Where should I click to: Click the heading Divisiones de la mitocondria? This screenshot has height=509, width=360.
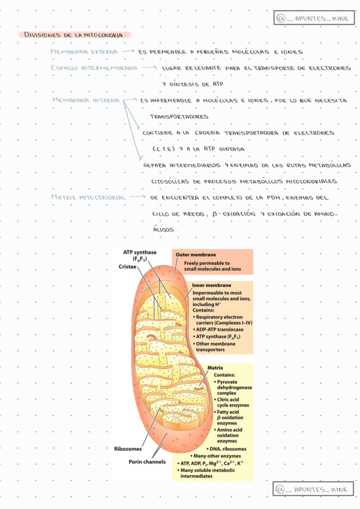point(74,35)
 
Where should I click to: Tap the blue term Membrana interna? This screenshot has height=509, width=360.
point(86,100)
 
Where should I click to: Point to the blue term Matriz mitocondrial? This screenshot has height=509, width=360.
point(88,197)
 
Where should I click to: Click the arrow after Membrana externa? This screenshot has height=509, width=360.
point(127,52)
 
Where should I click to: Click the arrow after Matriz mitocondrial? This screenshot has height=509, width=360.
point(138,197)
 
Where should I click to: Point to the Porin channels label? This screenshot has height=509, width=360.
point(147,462)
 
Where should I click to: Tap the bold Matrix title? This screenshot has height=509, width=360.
point(215,367)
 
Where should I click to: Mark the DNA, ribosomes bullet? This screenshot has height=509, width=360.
point(228,448)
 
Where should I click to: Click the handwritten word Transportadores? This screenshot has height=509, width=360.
point(179,116)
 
